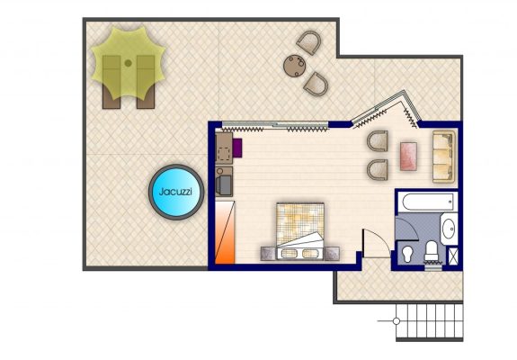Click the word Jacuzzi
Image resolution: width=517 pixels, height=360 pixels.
175,192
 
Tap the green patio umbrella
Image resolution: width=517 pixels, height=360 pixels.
128,63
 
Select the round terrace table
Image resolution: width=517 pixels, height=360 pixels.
294,66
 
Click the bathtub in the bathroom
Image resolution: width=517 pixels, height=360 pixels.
428,202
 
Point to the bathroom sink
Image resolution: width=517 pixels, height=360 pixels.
449,229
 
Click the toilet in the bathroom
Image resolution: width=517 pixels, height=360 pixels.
432,251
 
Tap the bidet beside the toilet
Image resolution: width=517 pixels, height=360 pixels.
407,255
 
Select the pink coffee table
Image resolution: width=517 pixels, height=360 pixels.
408,157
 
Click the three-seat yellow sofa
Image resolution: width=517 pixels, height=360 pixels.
444,157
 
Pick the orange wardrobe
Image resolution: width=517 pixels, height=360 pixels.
225,232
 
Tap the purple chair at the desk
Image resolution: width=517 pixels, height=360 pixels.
237,148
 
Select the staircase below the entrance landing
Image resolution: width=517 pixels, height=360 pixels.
429,321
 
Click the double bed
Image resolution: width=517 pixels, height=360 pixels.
300,231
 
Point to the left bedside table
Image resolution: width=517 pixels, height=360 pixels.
269,254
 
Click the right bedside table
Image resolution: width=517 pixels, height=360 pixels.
332,254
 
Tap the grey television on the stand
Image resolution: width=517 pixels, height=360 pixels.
224,185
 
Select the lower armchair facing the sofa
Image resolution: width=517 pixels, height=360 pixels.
378,169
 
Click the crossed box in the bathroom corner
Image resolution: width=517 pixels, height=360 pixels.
451,256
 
